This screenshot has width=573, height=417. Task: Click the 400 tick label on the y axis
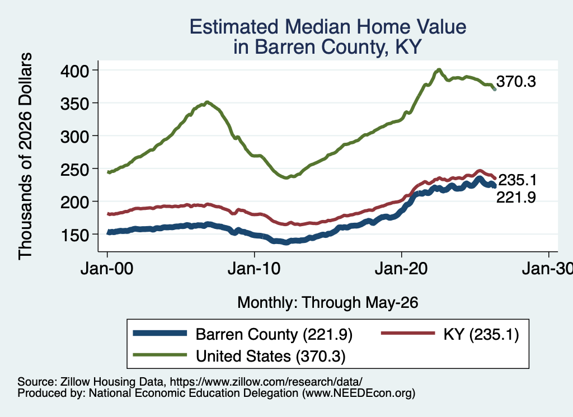pyautogui.click(x=74, y=71)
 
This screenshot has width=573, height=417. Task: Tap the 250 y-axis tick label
pyautogui.click(x=74, y=170)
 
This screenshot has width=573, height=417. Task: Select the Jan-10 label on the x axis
pyautogui.click(x=254, y=269)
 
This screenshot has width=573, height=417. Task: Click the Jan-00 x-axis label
pyautogui.click(x=107, y=269)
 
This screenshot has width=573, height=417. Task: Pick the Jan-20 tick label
pyautogui.click(x=401, y=269)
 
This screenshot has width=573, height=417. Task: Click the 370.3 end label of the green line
pyautogui.click(x=516, y=82)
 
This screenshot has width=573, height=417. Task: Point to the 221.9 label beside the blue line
pyautogui.click(x=516, y=198)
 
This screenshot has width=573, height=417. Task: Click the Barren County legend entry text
pyautogui.click(x=274, y=335)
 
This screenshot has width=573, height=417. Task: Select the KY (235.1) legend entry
pyautogui.click(x=481, y=335)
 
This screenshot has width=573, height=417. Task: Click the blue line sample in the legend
pyautogui.click(x=160, y=333)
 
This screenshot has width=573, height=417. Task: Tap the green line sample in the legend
pyautogui.click(x=160, y=355)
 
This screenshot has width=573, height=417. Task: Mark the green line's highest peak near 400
pyautogui.click(x=439, y=70)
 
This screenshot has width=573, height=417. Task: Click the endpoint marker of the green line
pyautogui.click(x=495, y=89)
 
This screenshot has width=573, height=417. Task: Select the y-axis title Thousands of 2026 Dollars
pyautogui.click(x=25, y=156)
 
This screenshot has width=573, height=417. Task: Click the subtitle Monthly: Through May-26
pyautogui.click(x=328, y=303)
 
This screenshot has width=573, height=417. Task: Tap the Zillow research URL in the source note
pyautogui.click(x=266, y=382)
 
